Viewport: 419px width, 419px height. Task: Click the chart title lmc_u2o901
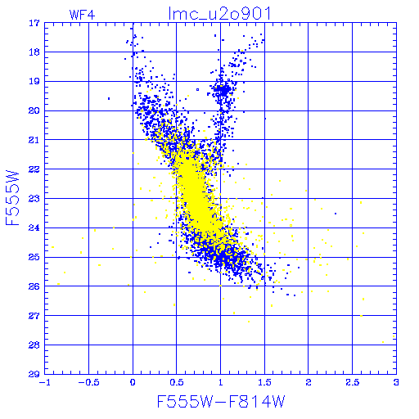click(x=220, y=14)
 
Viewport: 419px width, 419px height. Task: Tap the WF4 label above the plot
click(x=83, y=15)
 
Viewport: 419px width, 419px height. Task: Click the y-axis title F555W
click(x=12, y=198)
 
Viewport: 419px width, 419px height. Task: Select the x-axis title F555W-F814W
click(x=221, y=402)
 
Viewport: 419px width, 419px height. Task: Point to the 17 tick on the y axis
click(x=34, y=23)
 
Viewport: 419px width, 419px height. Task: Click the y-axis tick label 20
click(x=34, y=110)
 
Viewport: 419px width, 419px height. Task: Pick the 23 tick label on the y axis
click(x=34, y=199)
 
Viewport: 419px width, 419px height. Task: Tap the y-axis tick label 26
click(x=34, y=286)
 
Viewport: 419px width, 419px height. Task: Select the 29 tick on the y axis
click(x=34, y=374)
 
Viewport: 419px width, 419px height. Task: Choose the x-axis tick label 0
click(x=133, y=382)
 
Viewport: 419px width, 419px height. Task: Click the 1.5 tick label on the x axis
click(x=264, y=382)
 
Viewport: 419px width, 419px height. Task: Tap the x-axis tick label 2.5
click(x=352, y=382)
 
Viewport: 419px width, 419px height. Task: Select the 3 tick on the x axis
click(x=396, y=382)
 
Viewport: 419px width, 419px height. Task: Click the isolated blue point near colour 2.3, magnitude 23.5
click(x=336, y=214)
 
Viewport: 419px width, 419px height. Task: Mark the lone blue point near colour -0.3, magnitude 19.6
click(x=109, y=98)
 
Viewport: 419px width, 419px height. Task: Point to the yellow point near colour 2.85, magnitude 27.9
click(x=383, y=342)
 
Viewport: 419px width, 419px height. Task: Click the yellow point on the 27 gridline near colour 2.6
click(x=361, y=316)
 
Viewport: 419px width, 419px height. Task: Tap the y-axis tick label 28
click(x=34, y=345)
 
